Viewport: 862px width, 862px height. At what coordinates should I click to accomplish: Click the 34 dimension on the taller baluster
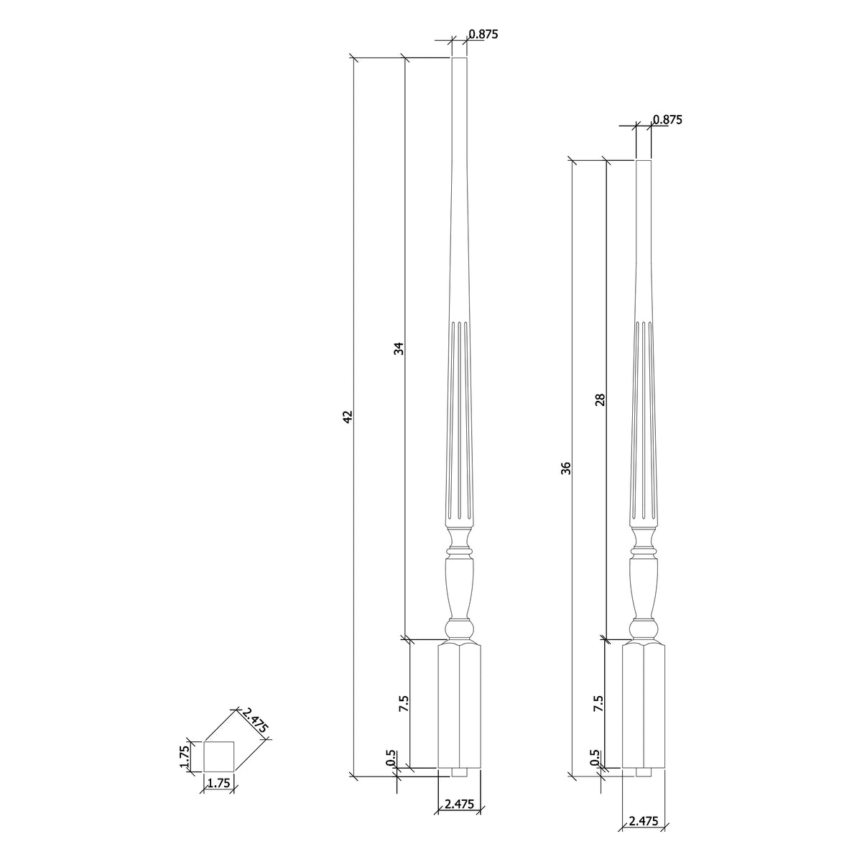399,348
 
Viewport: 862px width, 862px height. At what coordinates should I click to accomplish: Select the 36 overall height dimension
566,468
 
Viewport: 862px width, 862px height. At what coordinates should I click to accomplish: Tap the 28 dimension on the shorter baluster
601,399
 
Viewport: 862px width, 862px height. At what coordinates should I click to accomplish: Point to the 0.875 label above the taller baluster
483,34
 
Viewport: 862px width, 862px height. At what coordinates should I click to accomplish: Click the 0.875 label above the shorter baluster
667,120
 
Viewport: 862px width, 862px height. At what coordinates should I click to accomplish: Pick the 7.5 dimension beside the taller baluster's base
404,703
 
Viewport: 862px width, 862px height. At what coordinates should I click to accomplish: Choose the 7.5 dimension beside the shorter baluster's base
598,703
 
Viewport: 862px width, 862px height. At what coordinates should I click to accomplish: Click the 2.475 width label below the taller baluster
459,805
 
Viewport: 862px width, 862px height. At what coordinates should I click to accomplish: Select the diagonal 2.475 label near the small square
255,720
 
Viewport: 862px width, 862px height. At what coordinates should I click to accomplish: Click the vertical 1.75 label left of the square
184,756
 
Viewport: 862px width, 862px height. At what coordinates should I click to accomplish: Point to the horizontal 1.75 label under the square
218,784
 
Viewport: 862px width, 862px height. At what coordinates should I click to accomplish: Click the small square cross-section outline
219,756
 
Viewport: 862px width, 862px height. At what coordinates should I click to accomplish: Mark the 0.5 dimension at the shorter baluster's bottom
594,759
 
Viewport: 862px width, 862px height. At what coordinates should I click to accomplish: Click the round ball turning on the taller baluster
460,631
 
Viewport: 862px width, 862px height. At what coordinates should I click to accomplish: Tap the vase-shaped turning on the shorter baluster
644,585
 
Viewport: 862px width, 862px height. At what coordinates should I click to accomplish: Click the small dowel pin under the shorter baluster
644,773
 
